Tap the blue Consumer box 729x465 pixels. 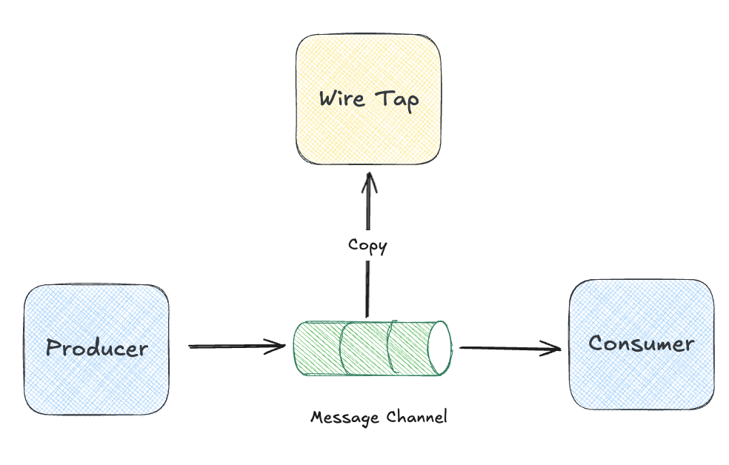pyautogui.click(x=642, y=378)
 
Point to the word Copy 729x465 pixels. pyautogui.click(x=367, y=245)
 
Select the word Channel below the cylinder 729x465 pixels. pyautogui.click(x=417, y=417)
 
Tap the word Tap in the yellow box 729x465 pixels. pyautogui.click(x=397, y=99)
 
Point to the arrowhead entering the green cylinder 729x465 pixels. pyautogui.click(x=279, y=346)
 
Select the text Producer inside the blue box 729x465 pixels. pyautogui.click(x=97, y=348)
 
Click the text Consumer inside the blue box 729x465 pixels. pyautogui.click(x=642, y=344)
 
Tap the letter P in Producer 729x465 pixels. pyautogui.click(x=53, y=348)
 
